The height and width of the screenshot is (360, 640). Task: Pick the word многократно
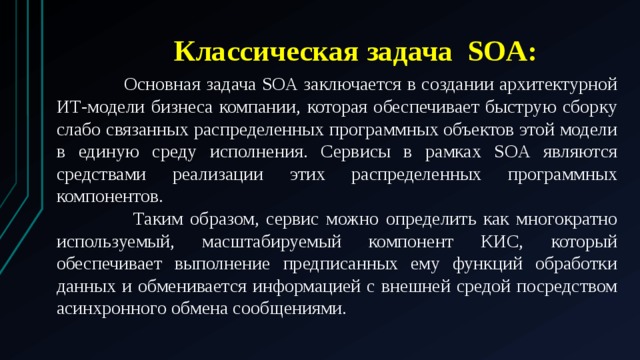570,219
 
